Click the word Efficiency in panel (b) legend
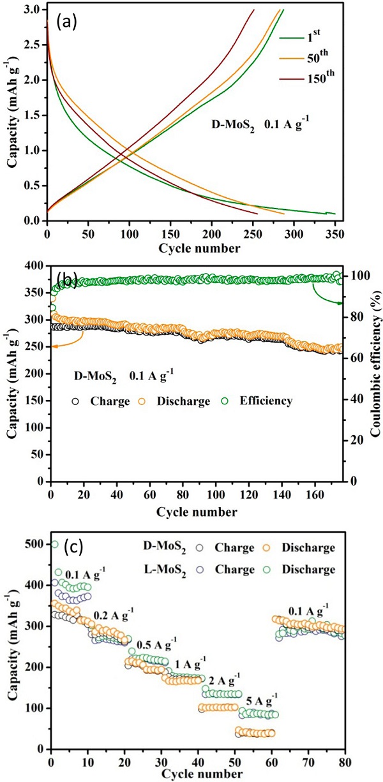click(266, 401)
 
